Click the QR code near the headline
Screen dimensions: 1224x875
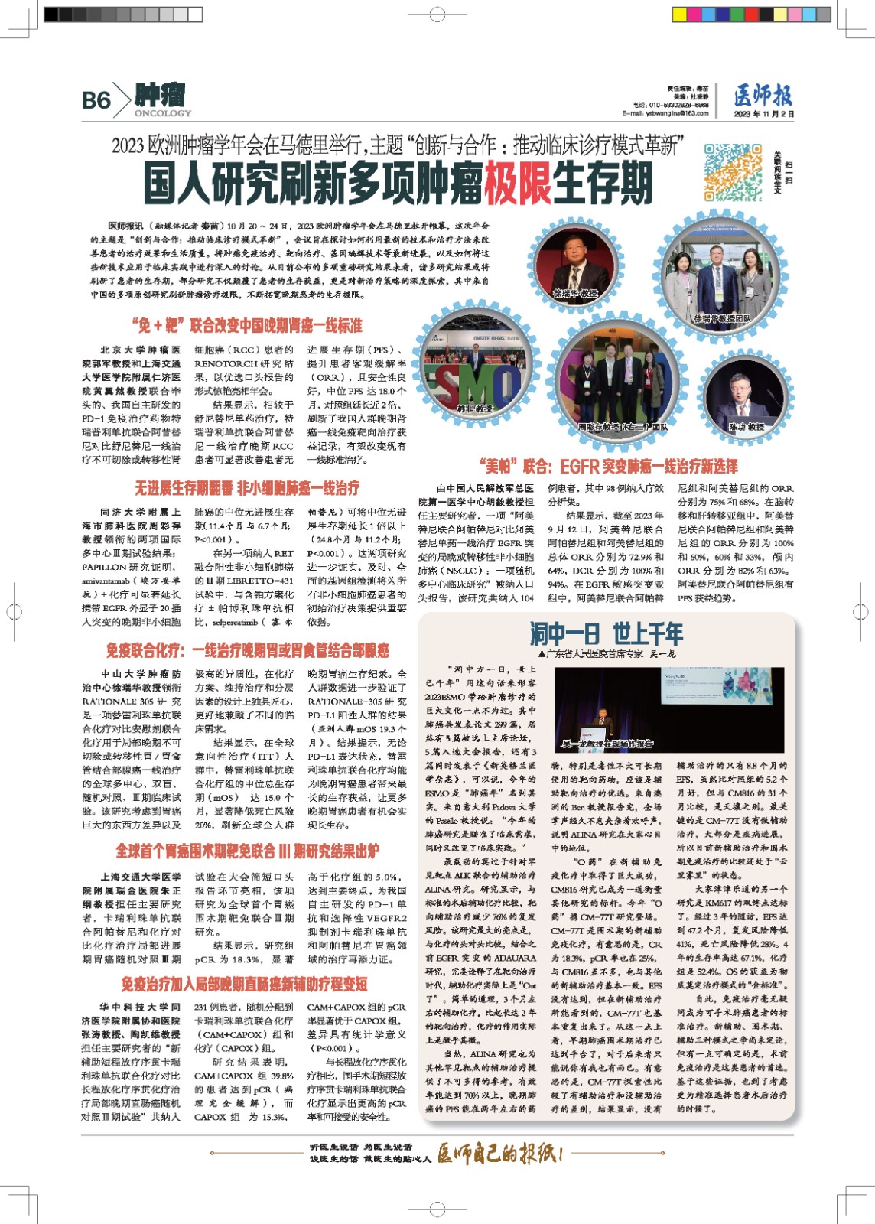[732, 172]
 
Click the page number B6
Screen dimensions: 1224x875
[96, 100]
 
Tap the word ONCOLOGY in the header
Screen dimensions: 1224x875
[163, 113]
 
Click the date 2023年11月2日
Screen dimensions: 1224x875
[763, 114]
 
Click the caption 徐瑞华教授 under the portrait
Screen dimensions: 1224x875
[575, 293]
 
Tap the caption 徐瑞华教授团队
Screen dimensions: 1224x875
[722, 318]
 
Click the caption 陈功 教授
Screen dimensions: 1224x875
[746, 426]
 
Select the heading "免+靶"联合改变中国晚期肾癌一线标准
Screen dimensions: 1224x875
[246, 326]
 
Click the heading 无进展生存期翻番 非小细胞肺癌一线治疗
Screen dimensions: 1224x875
[246, 488]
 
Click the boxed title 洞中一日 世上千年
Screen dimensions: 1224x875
[606, 634]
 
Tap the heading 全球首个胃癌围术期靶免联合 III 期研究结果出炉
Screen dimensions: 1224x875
[246, 851]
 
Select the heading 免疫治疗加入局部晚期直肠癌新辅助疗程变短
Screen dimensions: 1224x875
[244, 984]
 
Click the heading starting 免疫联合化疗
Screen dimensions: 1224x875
[246, 651]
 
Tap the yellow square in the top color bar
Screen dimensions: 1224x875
[679, 15]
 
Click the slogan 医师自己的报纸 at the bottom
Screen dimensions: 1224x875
[500, 1153]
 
